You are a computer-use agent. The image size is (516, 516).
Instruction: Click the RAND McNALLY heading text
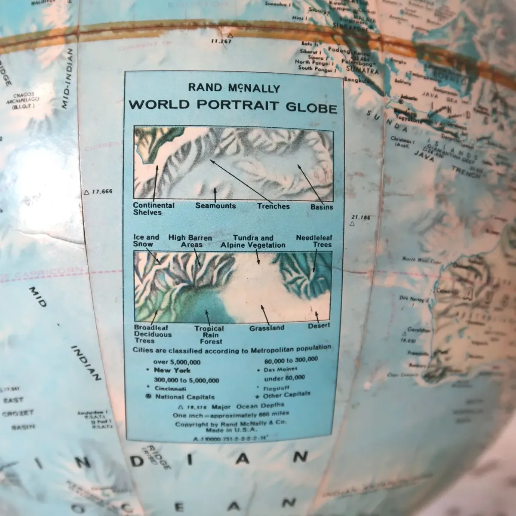pyautogui.click(x=234, y=88)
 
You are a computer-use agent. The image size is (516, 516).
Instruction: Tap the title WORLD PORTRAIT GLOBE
pyautogui.click(x=233, y=105)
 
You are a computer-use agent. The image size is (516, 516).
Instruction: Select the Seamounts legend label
pyautogui.click(x=215, y=206)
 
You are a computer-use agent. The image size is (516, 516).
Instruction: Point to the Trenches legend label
pyautogui.click(x=273, y=206)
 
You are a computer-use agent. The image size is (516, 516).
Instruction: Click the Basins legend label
pyautogui.click(x=322, y=207)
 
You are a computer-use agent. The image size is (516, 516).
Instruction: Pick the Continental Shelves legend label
pyautogui.click(x=154, y=209)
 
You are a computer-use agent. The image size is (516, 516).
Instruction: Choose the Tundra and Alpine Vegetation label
pyautogui.click(x=253, y=241)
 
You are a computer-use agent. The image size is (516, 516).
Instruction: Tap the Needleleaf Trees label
pyautogui.click(x=314, y=241)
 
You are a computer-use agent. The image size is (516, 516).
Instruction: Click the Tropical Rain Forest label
pyautogui.click(x=209, y=335)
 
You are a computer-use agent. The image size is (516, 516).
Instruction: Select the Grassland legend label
pyautogui.click(x=267, y=328)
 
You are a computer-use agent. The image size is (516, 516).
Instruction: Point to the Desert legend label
pyautogui.click(x=319, y=326)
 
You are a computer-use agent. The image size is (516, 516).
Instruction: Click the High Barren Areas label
pyautogui.click(x=190, y=241)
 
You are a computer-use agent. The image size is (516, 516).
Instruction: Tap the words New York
pyautogui.click(x=172, y=370)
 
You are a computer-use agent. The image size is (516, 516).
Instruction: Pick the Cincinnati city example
pyautogui.click(x=170, y=389)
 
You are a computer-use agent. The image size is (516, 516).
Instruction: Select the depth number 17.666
pyautogui.click(x=102, y=192)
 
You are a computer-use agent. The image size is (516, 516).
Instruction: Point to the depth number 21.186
pyautogui.click(x=360, y=218)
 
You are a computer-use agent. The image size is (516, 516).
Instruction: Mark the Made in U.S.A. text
pyautogui.click(x=230, y=430)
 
